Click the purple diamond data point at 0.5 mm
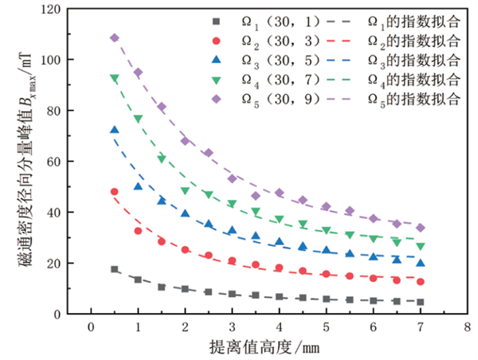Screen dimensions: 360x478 (114, 38)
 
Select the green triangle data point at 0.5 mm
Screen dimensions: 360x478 (114, 78)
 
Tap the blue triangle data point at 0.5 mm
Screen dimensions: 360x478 (114, 130)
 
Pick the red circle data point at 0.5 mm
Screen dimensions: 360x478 (114, 192)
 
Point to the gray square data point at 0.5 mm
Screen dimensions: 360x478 (114, 269)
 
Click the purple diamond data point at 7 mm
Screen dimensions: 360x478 (421, 228)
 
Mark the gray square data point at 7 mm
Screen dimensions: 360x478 (421, 302)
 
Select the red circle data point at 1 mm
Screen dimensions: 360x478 (138, 231)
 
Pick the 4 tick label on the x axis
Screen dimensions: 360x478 (279, 327)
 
